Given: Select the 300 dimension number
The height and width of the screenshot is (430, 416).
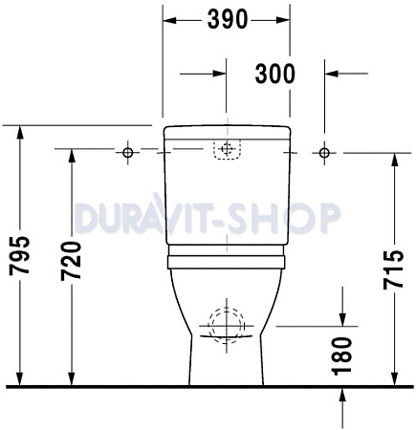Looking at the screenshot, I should click(274, 73).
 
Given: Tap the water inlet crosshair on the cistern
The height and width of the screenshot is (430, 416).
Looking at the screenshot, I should click(227, 149).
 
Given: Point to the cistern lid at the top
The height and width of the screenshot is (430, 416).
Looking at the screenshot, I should click(227, 132).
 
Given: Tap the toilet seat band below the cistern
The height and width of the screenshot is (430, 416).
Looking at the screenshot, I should click(227, 259).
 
